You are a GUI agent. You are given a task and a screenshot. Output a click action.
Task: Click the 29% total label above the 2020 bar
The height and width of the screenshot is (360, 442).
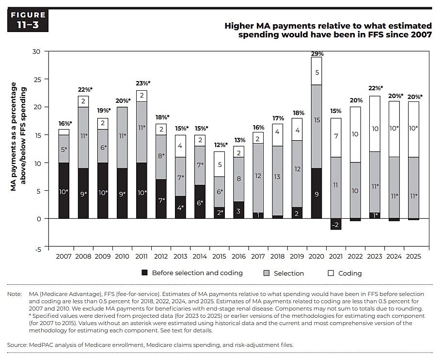[316, 53]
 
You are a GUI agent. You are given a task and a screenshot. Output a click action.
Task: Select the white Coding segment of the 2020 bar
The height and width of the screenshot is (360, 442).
[316, 71]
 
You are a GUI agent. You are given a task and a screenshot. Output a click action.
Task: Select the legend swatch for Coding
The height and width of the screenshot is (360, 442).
[331, 273]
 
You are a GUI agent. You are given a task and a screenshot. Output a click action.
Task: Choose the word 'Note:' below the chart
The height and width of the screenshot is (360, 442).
[15, 294]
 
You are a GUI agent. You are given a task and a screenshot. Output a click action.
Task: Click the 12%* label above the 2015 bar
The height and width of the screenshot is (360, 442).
[220, 145]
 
